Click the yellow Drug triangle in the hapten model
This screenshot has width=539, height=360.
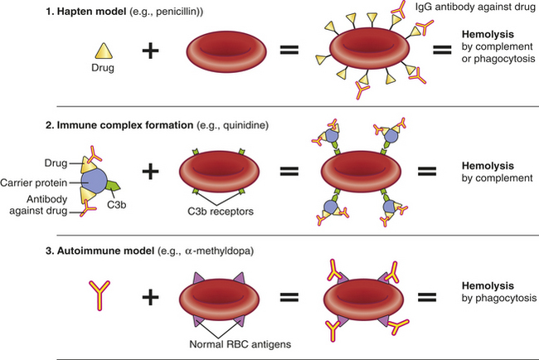[104, 51]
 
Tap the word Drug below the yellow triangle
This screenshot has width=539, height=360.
[103, 68]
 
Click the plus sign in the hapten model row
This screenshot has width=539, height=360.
[151, 51]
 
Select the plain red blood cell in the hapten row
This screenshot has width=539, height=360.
[226, 51]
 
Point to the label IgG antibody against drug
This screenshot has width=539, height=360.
[475, 7]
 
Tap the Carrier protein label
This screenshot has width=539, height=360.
[34, 182]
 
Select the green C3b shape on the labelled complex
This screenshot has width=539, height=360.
[113, 186]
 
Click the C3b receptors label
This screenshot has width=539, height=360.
[221, 212]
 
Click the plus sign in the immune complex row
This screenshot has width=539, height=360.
[151, 171]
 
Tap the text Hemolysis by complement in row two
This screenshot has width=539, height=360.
[497, 172]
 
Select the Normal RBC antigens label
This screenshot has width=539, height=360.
[240, 344]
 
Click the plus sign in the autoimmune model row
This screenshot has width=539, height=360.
[151, 297]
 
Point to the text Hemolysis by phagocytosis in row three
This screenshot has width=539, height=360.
[498, 292]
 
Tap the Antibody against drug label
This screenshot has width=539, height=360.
[38, 205]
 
